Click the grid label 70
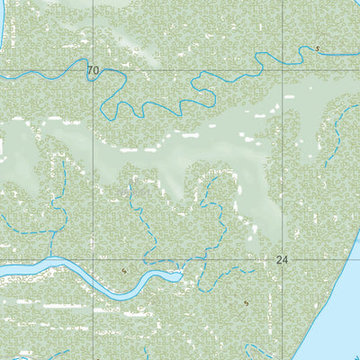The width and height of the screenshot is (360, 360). point(94,70)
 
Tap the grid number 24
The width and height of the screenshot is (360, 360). point(283,259)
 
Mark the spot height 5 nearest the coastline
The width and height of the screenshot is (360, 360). point(246,303)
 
